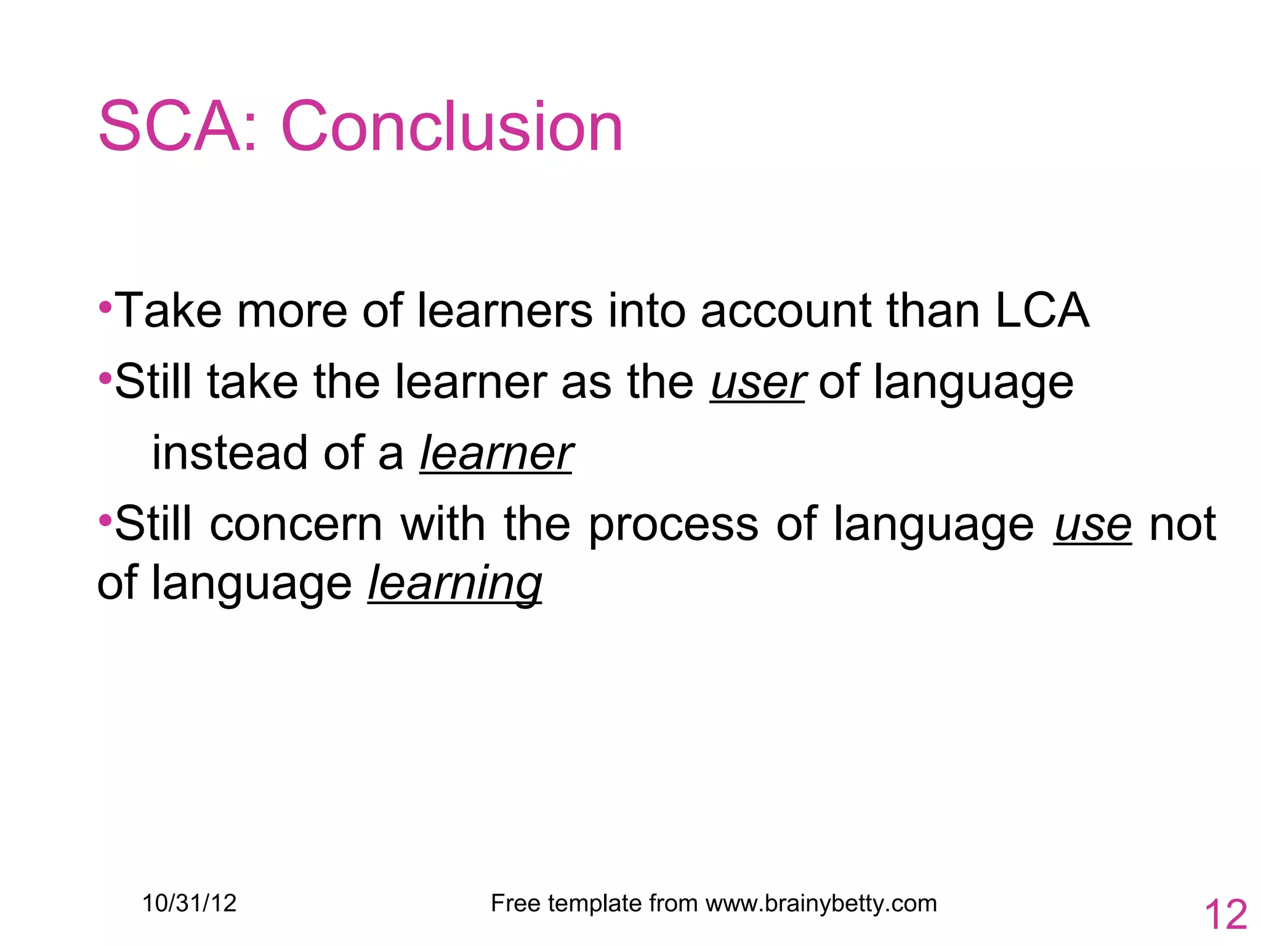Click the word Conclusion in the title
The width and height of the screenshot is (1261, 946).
click(453, 127)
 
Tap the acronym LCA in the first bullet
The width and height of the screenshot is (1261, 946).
click(1042, 310)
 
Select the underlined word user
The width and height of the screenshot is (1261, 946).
click(757, 382)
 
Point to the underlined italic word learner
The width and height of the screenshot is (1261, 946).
click(496, 453)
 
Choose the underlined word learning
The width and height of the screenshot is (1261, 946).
click(455, 583)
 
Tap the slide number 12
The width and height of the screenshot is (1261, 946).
click(1225, 915)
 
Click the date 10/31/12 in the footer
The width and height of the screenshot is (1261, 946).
click(189, 904)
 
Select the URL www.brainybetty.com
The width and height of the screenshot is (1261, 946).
click(821, 904)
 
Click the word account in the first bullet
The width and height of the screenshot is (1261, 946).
click(785, 310)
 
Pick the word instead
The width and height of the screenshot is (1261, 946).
click(230, 453)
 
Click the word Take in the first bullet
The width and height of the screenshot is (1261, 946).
click(167, 310)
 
